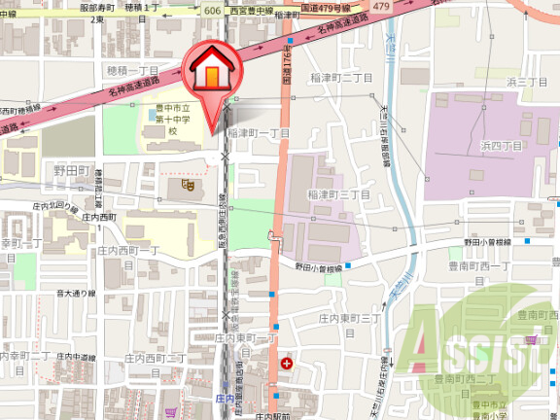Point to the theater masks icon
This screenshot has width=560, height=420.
click(x=187, y=182)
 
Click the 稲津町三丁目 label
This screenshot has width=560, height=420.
click(x=338, y=194)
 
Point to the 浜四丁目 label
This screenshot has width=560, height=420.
click(x=502, y=145)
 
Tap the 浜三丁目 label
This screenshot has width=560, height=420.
click(x=527, y=82)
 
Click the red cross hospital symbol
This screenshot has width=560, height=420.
click(x=286, y=364)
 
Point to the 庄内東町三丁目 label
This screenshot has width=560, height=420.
click(x=348, y=318)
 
